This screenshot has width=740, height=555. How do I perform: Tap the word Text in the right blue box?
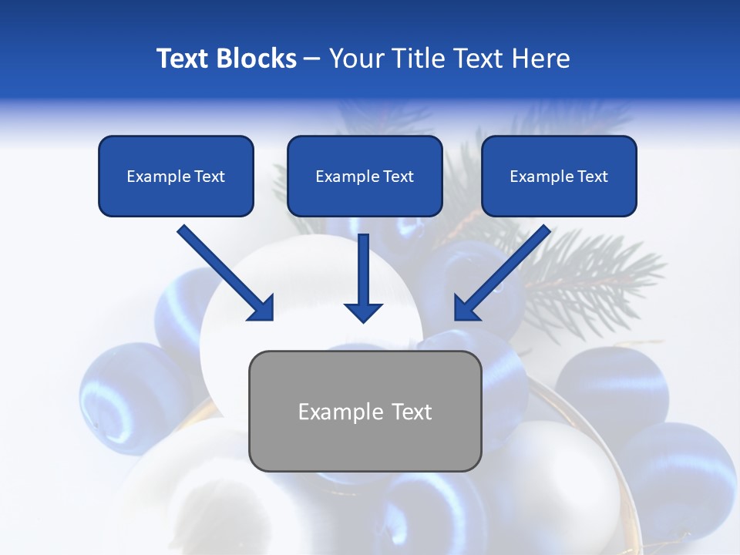[x=592, y=177]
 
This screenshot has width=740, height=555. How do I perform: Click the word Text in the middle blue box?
[x=398, y=177]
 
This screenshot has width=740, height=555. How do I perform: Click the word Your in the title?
[x=355, y=59]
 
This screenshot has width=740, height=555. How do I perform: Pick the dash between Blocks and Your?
[x=312, y=59]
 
